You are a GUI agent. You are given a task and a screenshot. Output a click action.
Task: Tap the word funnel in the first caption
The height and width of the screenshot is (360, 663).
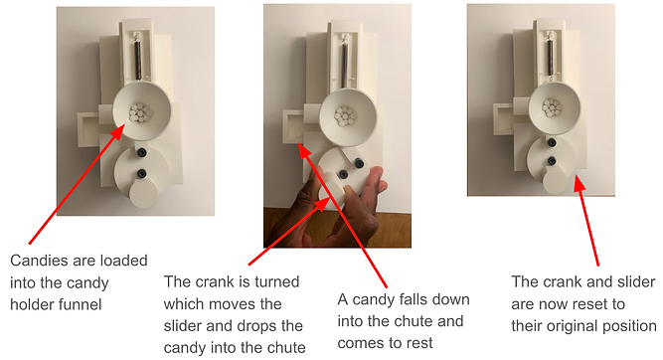pyautogui.click(x=80, y=304)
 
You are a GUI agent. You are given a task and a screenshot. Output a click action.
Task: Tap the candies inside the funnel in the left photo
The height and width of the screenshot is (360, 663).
pyautogui.click(x=141, y=112)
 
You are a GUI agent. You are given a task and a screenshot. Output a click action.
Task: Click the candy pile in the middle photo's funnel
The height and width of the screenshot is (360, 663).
pyautogui.click(x=346, y=116)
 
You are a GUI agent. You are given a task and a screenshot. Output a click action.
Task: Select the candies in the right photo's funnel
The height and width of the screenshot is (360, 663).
pyautogui.click(x=552, y=107)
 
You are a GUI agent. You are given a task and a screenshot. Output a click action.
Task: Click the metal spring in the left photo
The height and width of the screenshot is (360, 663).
pyautogui.click(x=138, y=58)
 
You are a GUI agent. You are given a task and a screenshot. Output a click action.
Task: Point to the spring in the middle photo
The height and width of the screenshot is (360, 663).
pyautogui.click(x=345, y=61)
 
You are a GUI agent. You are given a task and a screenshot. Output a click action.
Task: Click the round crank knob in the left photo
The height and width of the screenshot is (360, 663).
pyautogui.click(x=144, y=194)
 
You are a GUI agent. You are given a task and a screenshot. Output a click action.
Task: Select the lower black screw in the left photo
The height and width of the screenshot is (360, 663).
pyautogui.click(x=141, y=173)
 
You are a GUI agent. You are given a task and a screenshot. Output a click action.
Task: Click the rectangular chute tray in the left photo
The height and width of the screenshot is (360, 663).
pyautogui.click(x=88, y=129)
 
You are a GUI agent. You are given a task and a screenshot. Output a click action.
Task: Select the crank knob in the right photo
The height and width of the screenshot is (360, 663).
pyautogui.click(x=555, y=181)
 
